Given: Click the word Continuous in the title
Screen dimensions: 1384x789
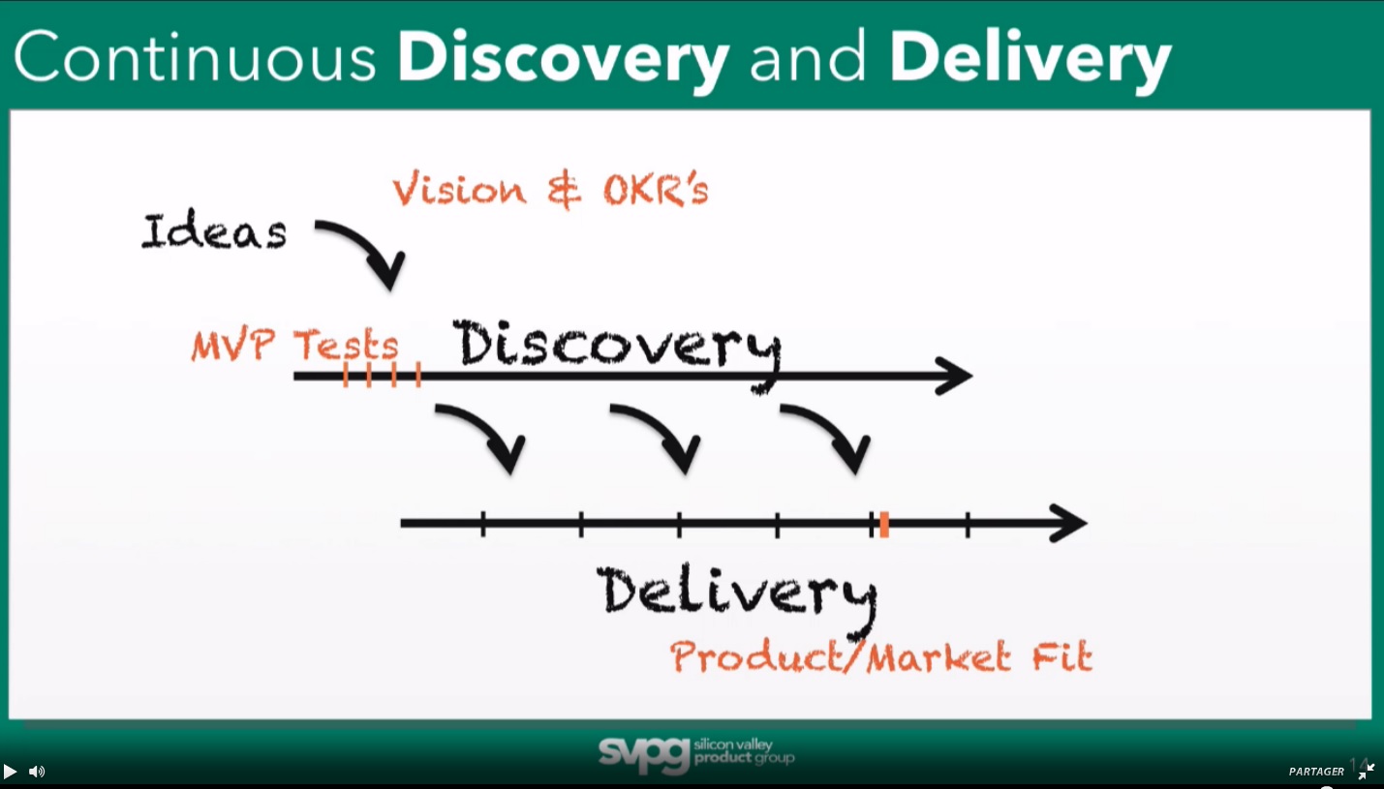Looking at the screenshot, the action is [x=195, y=57].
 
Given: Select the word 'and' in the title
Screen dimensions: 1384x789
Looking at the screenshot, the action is [x=808, y=57].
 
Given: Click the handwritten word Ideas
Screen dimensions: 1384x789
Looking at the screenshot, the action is [x=214, y=230].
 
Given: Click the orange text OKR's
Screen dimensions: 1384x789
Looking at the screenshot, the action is [x=656, y=189].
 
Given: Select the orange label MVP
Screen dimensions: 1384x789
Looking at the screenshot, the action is [x=233, y=345].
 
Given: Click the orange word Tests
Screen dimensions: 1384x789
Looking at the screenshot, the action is [x=346, y=345].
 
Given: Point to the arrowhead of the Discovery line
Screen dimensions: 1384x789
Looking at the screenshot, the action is [x=955, y=376].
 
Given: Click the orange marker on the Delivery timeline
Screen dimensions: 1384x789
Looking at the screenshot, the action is [x=884, y=524].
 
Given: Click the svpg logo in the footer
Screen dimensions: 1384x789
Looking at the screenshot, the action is [x=696, y=754].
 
